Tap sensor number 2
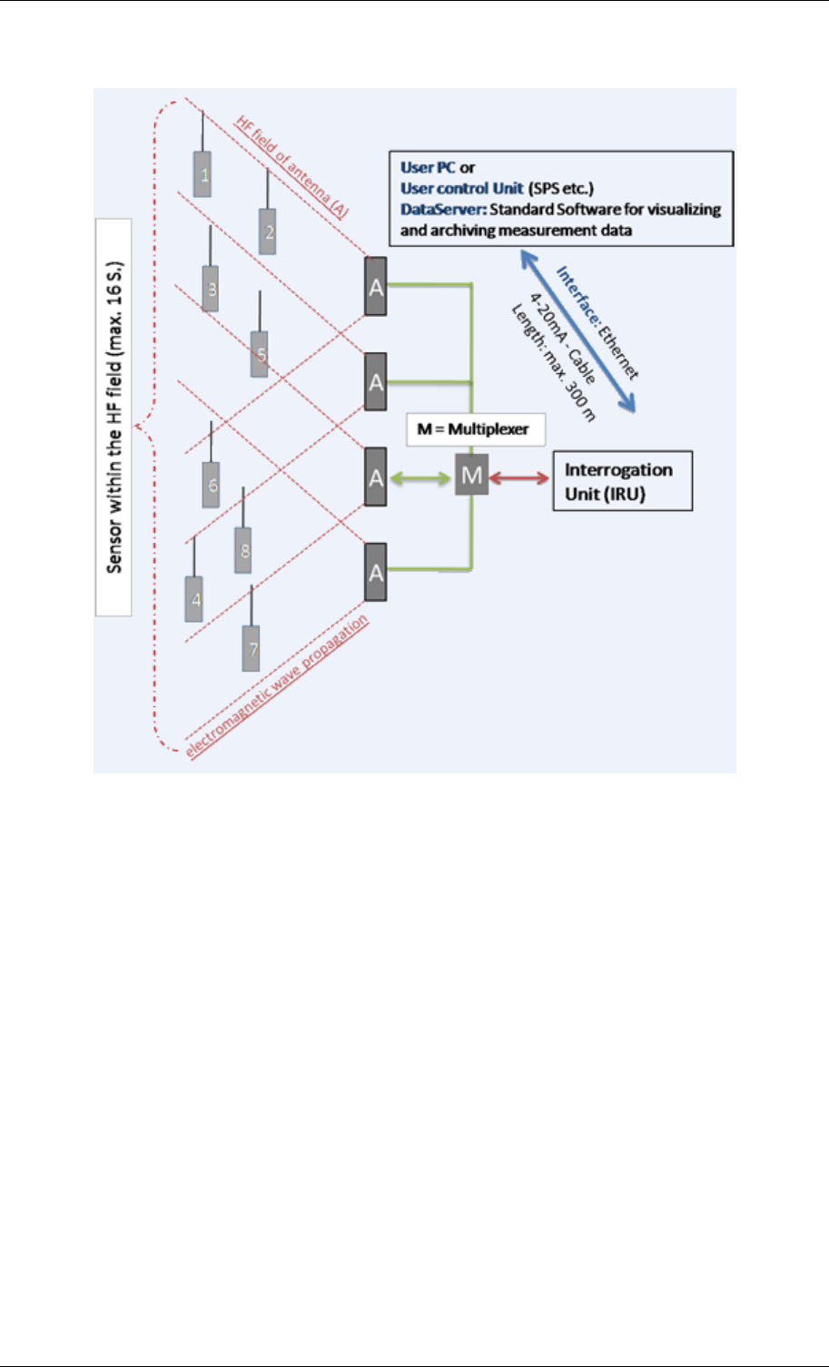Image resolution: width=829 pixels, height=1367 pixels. [x=268, y=231]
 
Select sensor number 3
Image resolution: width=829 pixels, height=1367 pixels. [x=211, y=289]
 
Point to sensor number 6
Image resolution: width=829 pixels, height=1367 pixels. [x=212, y=485]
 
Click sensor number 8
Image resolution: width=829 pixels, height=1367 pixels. [x=242, y=550]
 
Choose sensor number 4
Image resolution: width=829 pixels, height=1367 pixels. [x=194, y=599]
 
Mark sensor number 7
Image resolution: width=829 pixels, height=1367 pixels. [x=252, y=648]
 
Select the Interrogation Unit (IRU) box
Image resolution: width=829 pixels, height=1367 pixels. [x=623, y=480]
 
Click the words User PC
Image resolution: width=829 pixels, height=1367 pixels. [x=428, y=168]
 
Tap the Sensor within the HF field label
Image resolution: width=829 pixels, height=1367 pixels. [x=114, y=418]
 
